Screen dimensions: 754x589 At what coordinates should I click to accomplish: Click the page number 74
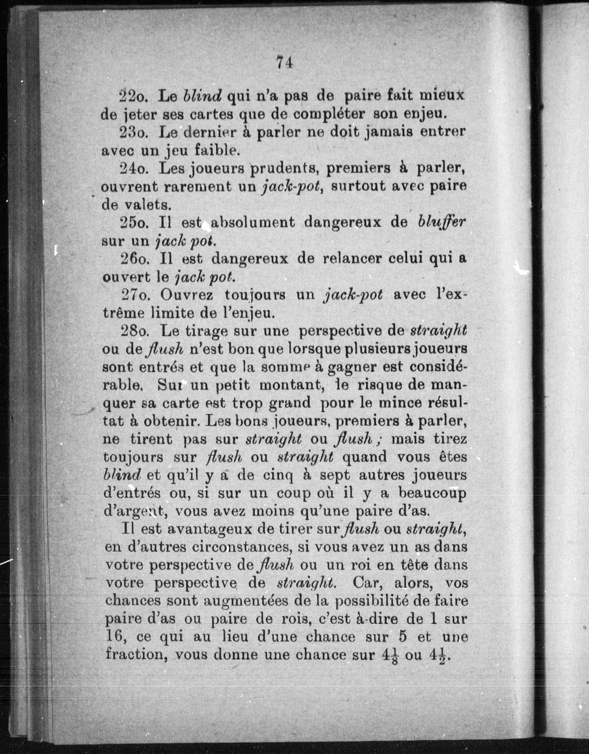284,63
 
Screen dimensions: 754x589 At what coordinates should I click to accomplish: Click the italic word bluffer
442,223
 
